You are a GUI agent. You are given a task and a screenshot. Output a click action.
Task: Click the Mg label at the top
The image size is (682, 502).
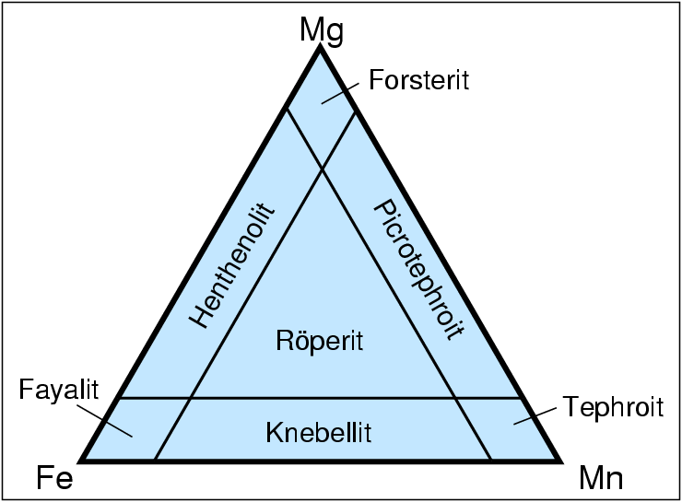321,29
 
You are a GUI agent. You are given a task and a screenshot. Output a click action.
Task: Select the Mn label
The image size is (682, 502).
601,479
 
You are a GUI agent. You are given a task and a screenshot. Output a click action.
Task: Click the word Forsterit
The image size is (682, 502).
418,80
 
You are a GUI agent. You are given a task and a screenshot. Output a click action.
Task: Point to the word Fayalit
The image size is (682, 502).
58,390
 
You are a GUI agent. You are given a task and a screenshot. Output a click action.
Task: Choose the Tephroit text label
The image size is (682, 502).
613,406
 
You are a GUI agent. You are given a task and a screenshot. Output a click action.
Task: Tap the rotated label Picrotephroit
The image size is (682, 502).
416,270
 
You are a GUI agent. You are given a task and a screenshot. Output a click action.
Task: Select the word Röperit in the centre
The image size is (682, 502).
320,341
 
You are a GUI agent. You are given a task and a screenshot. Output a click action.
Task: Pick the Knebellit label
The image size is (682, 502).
319,431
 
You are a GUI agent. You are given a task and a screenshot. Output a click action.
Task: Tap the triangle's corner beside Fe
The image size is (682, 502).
84,459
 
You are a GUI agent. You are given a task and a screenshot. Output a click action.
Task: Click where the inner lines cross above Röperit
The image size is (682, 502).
322,169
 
